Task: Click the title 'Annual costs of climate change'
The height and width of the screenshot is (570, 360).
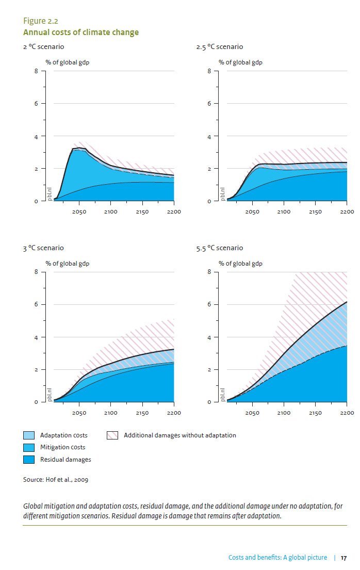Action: coord(81,32)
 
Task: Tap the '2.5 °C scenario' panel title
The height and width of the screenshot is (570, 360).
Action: coord(219,47)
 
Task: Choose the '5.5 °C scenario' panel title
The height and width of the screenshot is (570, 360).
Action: coord(219,248)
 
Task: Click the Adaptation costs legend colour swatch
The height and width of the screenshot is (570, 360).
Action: coord(29,435)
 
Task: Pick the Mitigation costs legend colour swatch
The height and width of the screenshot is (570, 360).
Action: coord(29,447)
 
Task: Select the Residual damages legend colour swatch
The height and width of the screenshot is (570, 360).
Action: coord(29,459)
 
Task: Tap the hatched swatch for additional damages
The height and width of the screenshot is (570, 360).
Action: coord(113,435)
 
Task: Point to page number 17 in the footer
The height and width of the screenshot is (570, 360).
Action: coord(343,558)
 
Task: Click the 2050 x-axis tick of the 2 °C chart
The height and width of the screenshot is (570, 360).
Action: coord(79,212)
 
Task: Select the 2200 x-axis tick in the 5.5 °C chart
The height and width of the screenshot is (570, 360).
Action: coord(347,413)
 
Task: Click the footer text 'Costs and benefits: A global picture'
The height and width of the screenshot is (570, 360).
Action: coord(277,558)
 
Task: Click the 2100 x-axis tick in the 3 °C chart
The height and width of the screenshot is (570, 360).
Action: coord(110,413)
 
